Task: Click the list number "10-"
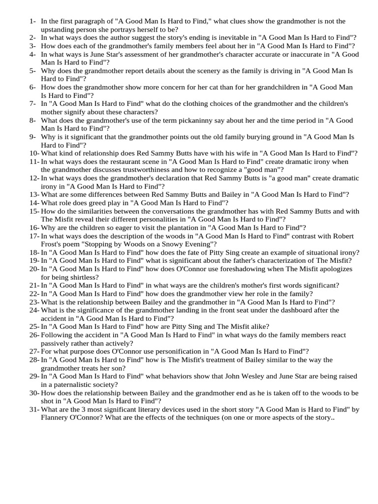[34, 153]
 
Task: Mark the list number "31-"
[34, 409]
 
